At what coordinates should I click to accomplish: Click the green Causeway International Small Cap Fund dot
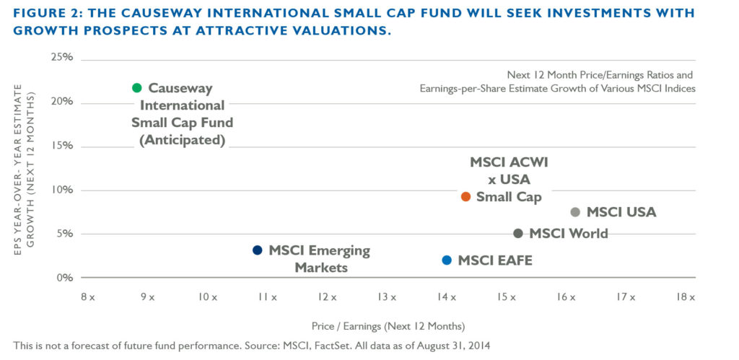[x=137, y=88]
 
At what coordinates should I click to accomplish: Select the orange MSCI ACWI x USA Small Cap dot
[x=465, y=196]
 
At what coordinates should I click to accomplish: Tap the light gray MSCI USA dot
[x=575, y=212]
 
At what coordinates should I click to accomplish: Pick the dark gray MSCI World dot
[x=518, y=233]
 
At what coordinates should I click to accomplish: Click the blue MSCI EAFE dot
[x=447, y=260]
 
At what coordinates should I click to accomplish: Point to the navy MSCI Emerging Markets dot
[x=257, y=250]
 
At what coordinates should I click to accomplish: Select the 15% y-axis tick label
[x=61, y=146]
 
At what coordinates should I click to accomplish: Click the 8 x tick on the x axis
[x=87, y=297]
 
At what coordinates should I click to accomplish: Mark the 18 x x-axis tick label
[x=685, y=297]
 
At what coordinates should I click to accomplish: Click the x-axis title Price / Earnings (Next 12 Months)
[x=388, y=325]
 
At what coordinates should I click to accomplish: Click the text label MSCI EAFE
[x=495, y=260]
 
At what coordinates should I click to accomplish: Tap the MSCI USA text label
[x=621, y=212]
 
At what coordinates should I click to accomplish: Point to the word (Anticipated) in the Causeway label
[x=180, y=140]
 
